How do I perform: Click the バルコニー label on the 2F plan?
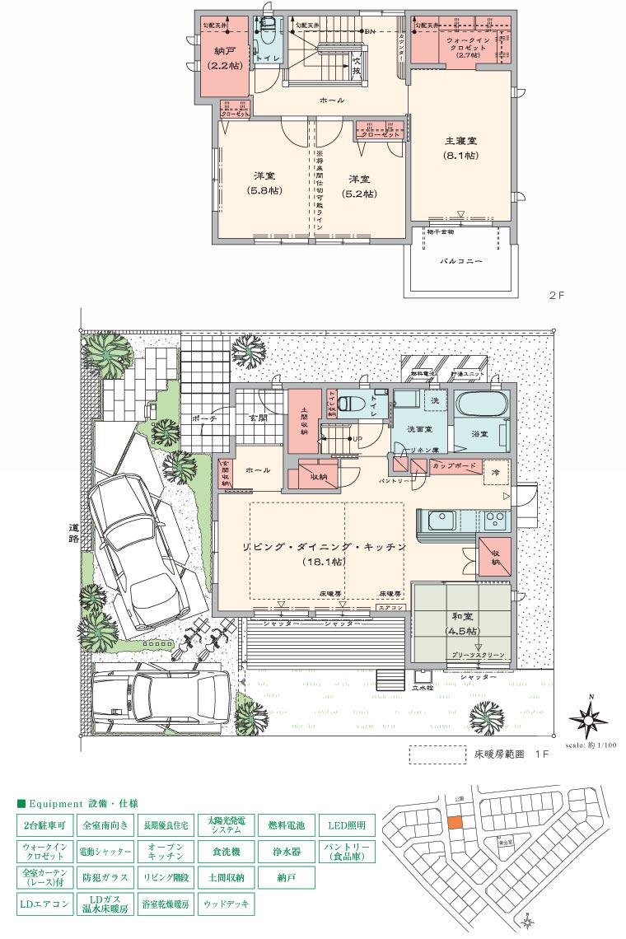461,261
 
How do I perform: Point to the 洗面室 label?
418,430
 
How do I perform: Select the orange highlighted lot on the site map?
455,822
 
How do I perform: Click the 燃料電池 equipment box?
286,824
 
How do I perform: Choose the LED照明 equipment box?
347,824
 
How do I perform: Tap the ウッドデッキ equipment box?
226,904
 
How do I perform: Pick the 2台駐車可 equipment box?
45,824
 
